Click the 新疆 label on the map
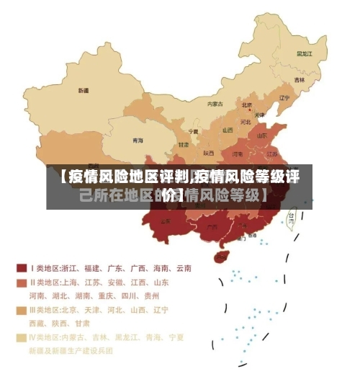[x=84, y=91]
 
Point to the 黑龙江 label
[x=305, y=53]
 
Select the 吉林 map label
[x=299, y=79]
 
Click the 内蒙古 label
[x=215, y=104]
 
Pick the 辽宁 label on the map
[x=284, y=98]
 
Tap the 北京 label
[x=247, y=104]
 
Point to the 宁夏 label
[x=193, y=132]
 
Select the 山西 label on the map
[x=228, y=130]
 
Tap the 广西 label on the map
[x=212, y=226]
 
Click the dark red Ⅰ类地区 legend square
[x=21, y=267]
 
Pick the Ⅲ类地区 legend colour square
[x=21, y=310]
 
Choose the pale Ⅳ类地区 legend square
[x=21, y=337]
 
